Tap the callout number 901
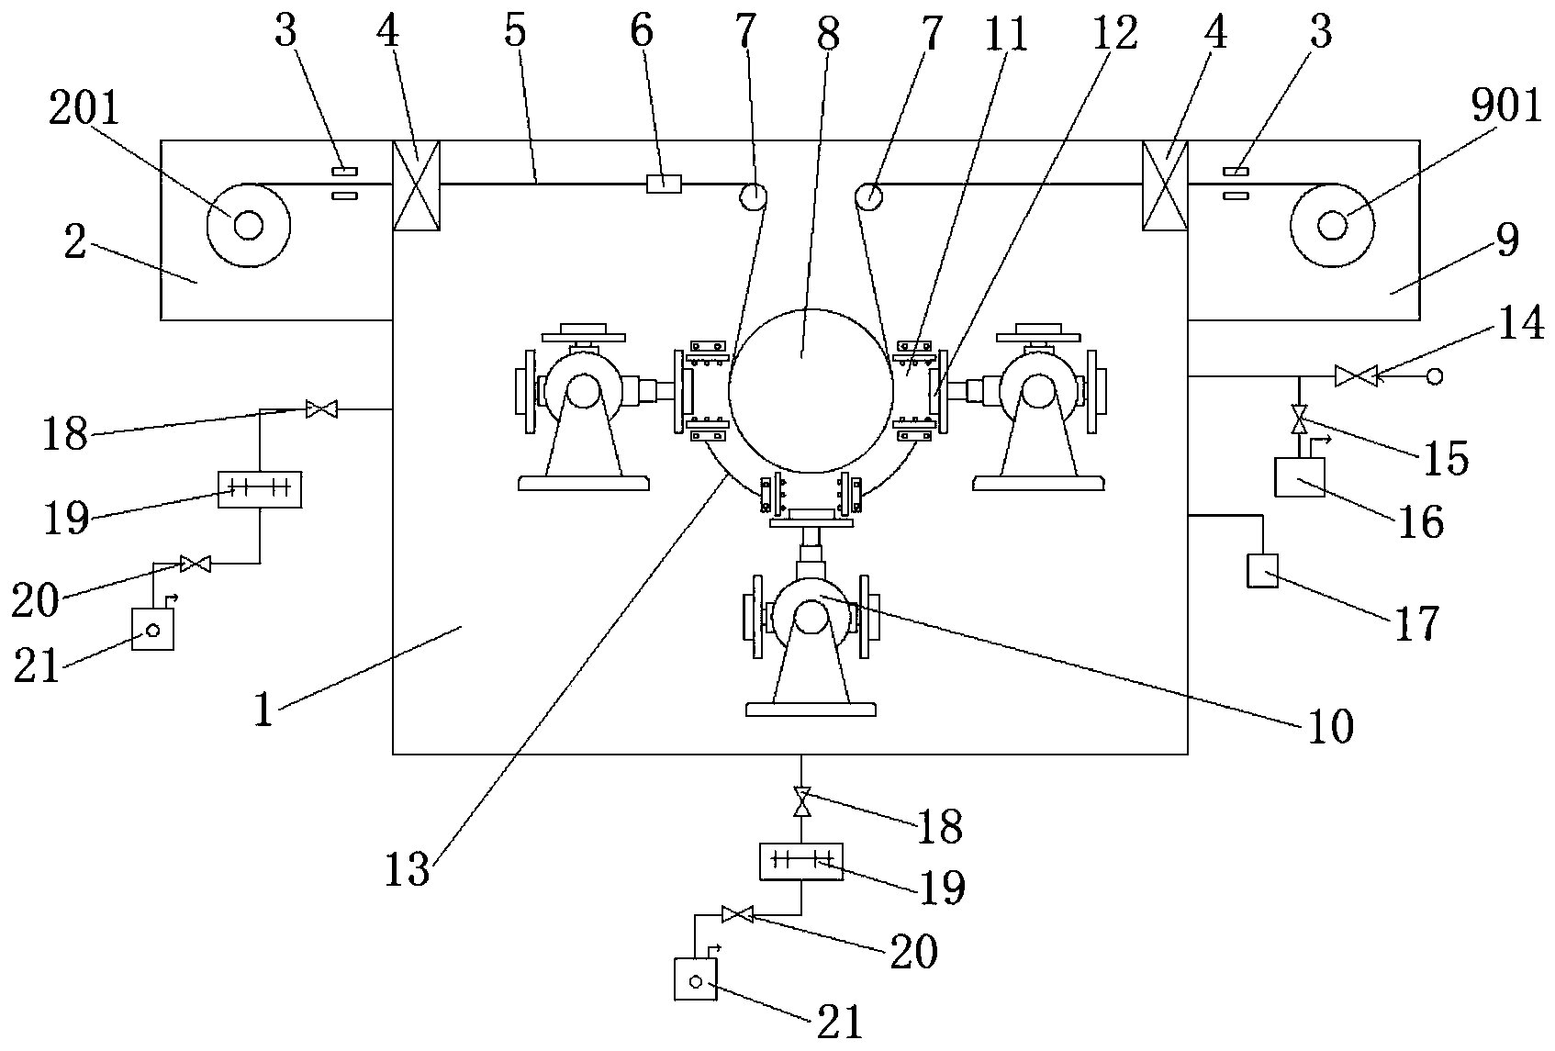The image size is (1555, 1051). click(1506, 108)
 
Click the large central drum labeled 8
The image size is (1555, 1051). click(811, 391)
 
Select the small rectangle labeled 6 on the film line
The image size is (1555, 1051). click(664, 184)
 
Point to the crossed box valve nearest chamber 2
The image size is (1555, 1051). click(417, 185)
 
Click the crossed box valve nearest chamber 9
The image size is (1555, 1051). click(1165, 185)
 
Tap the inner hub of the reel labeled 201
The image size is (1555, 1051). click(248, 226)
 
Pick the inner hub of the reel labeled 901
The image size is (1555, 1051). click(1331, 226)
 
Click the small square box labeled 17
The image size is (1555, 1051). click(1263, 570)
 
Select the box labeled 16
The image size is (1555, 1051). click(1300, 477)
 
